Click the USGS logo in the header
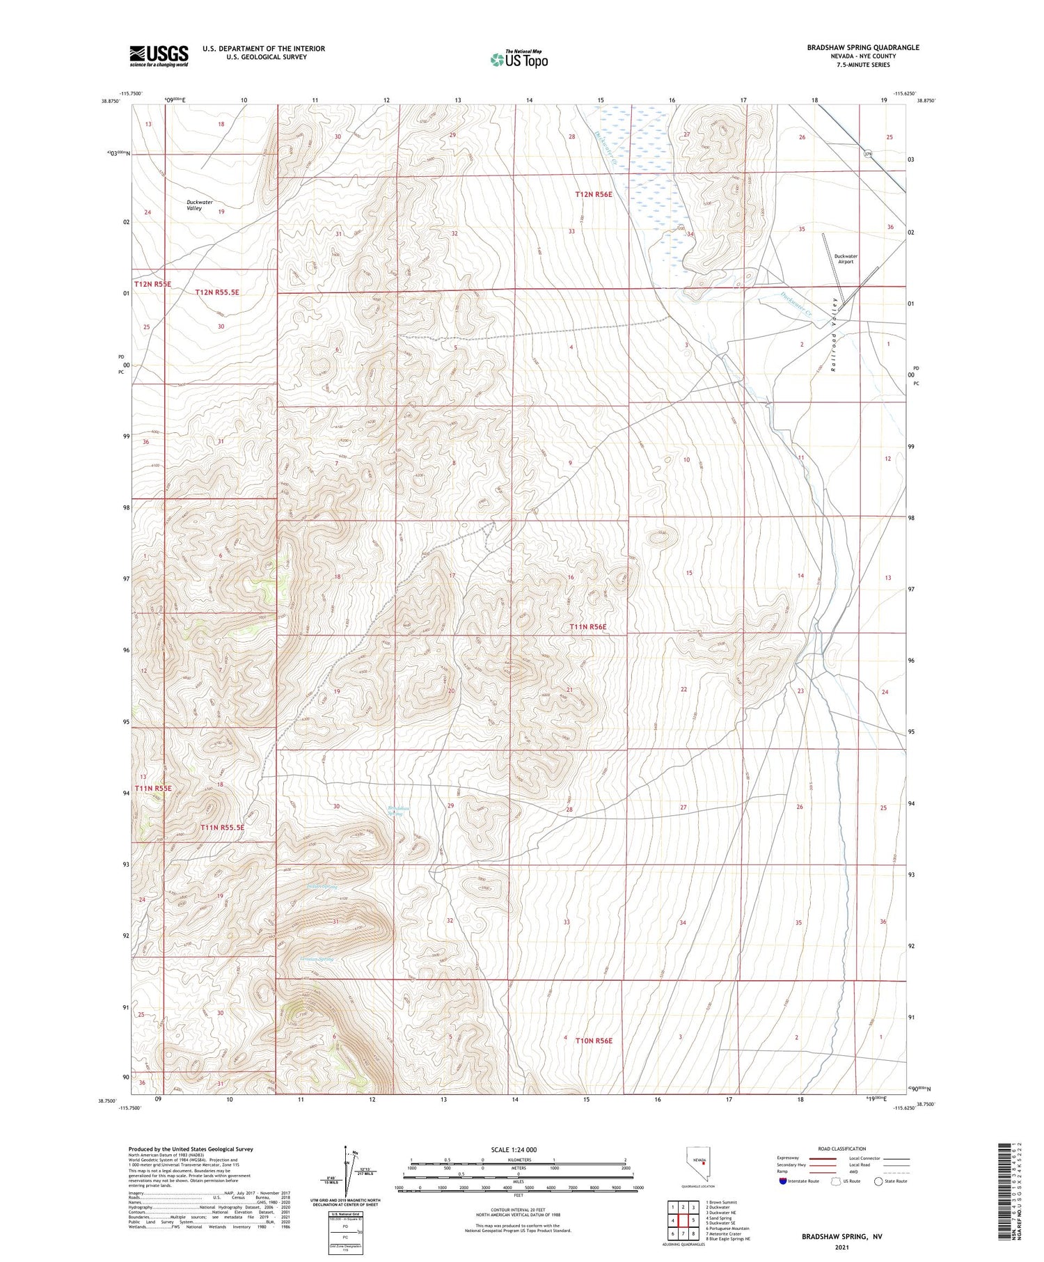[x=159, y=56]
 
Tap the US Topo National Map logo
[x=519, y=59]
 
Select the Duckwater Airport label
[x=846, y=259]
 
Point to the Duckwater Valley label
[x=199, y=205]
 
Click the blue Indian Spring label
[x=322, y=887]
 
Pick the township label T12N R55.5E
[x=216, y=292]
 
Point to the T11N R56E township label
[x=588, y=627]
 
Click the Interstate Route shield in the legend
[x=783, y=1181]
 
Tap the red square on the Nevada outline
[x=704, y=1161]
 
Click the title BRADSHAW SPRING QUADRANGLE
[x=853, y=47]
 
